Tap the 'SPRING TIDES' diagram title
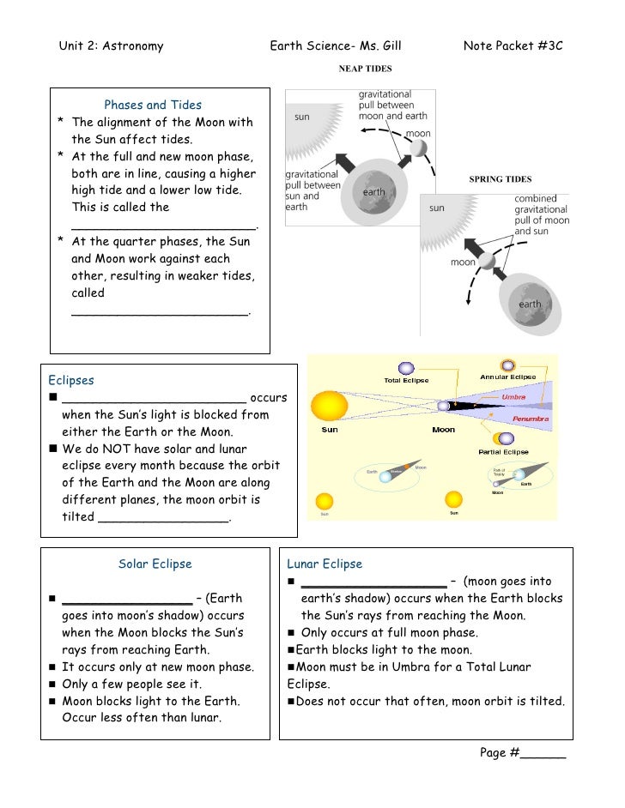[501, 179]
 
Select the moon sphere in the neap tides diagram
[417, 148]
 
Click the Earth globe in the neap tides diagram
[373, 193]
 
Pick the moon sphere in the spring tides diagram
[486, 260]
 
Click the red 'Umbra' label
[513, 396]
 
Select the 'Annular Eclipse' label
[507, 377]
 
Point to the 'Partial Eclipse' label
[503, 451]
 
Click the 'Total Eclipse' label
[406, 381]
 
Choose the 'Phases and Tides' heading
[153, 106]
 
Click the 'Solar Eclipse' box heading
[155, 564]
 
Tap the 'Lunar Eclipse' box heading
[325, 564]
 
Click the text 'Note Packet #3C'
[513, 45]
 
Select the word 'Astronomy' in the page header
[132, 45]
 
